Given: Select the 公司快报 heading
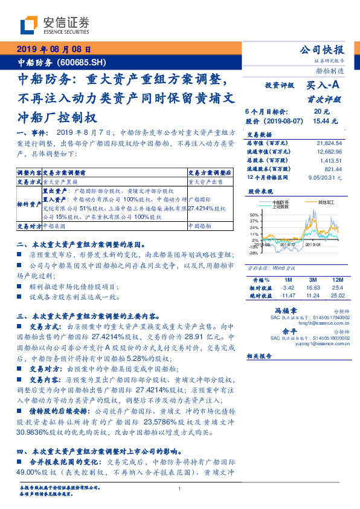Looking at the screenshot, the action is [322, 50].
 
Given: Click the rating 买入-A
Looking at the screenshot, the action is [322, 86].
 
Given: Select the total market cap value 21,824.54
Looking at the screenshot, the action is [329, 142].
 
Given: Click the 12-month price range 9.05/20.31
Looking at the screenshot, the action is [324, 177].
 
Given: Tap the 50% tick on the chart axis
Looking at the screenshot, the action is [254, 215].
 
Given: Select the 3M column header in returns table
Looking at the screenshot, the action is [312, 280].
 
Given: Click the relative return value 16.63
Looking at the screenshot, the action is [312, 288].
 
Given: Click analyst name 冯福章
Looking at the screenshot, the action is [282, 309].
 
